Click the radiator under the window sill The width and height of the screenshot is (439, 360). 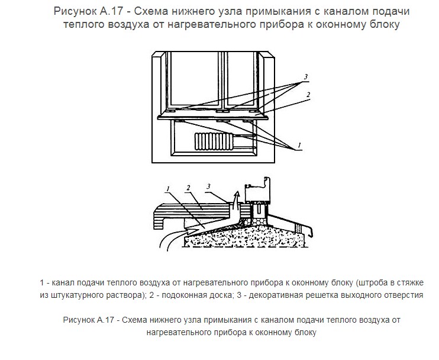pyautogui.click(x=209, y=143)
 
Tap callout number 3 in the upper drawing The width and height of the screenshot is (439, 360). pyautogui.click(x=305, y=77)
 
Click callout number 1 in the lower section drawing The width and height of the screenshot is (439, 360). pyautogui.click(x=169, y=189)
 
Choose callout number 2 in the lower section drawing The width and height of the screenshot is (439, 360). pyautogui.click(x=188, y=188)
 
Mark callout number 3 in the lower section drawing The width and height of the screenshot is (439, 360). pyautogui.click(x=208, y=187)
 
